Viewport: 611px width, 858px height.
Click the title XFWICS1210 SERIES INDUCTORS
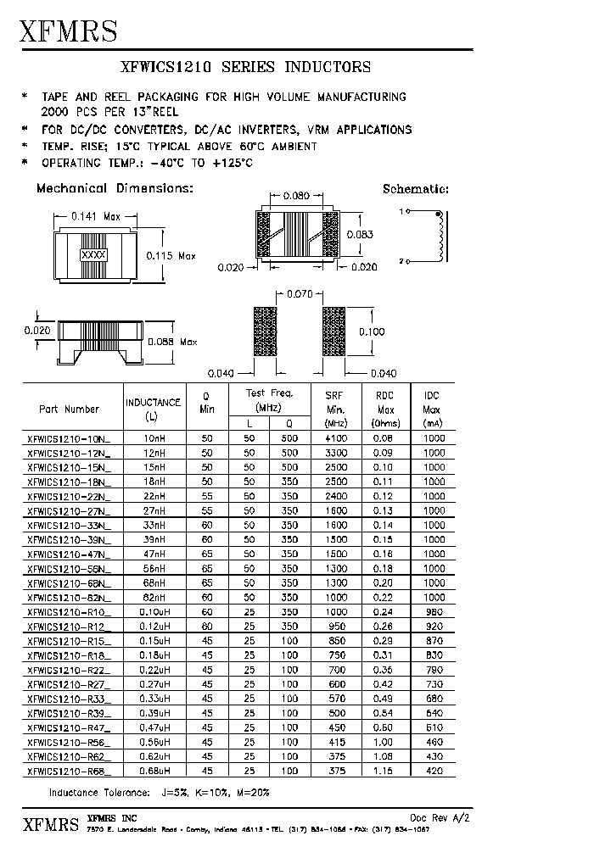[247, 67]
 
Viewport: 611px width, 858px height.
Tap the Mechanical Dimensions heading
[115, 188]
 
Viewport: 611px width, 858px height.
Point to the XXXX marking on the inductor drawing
[92, 254]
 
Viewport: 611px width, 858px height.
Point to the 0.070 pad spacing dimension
[300, 294]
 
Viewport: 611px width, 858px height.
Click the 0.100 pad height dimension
[372, 331]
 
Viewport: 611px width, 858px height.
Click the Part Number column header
[70, 409]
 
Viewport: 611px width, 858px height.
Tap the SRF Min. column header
[336, 408]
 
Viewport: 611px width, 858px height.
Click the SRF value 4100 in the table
[336, 439]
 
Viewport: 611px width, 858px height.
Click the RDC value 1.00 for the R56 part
[385, 741]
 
